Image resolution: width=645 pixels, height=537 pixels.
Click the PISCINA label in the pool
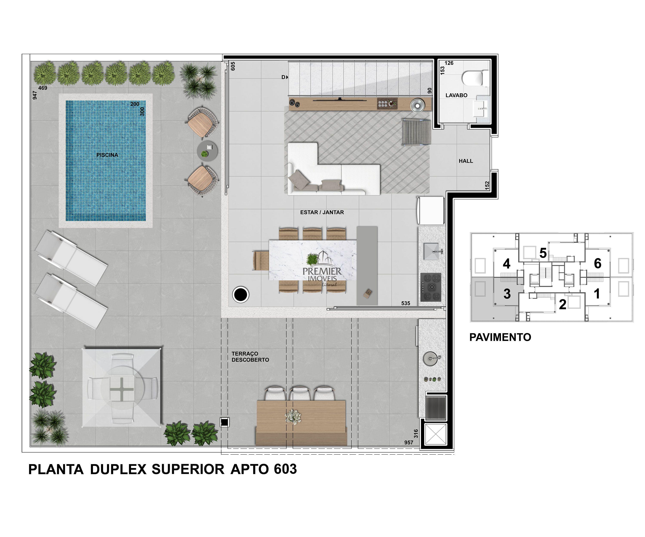pyautogui.click(x=107, y=155)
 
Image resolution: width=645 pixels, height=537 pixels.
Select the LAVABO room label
pyautogui.click(x=456, y=95)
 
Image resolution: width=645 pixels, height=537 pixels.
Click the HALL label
pyautogui.click(x=466, y=161)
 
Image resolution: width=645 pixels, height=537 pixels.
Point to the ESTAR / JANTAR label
pyautogui.click(x=322, y=212)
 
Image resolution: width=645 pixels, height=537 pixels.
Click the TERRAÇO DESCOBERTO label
pyautogui.click(x=250, y=357)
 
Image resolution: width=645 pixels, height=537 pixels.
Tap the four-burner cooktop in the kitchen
pyautogui.click(x=431, y=287)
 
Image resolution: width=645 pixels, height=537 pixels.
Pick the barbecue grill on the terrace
pyautogui.click(x=436, y=407)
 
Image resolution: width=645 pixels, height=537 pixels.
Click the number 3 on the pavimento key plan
pyautogui.click(x=507, y=294)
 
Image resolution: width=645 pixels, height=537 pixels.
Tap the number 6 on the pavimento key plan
pyautogui.click(x=597, y=263)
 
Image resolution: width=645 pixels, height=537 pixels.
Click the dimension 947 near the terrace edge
pyautogui.click(x=35, y=95)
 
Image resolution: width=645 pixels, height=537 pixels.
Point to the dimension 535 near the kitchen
pyautogui.click(x=405, y=303)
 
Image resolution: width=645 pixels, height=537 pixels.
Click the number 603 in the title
pyautogui.click(x=285, y=469)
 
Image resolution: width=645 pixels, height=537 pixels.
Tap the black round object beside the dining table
pyautogui.click(x=241, y=295)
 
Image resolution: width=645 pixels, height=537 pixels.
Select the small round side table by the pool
pyautogui.click(x=207, y=151)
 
